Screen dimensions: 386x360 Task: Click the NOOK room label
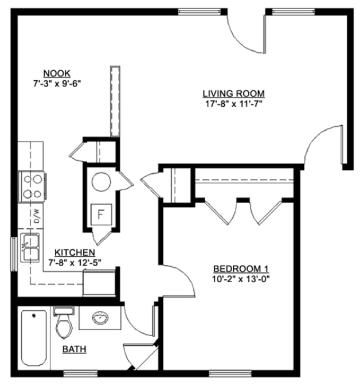57,73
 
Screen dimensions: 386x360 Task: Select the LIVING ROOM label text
233,93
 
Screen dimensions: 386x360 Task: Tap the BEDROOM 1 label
241,269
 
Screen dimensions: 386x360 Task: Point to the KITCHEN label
75,252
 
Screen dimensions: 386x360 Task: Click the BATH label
75,349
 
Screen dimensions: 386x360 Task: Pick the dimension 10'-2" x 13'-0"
241,279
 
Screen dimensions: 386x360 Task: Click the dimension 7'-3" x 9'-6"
57,83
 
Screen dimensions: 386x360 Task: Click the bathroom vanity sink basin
100,318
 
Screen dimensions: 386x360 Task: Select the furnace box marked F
102,216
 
